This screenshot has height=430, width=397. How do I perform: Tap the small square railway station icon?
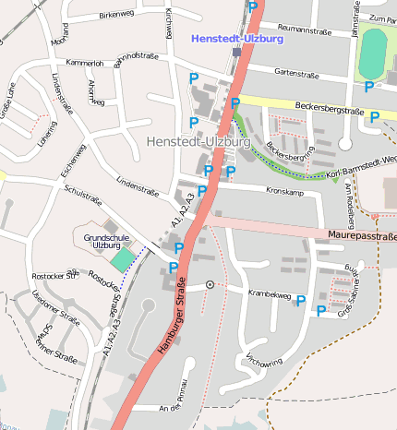tap(236, 53)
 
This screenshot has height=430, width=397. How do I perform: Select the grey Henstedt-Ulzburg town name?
tap(198, 143)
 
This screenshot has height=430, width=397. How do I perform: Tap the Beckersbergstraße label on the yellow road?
tap(328, 112)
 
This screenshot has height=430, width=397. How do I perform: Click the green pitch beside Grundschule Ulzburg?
tap(123, 260)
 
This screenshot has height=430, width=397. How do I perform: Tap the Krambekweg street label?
tap(271, 294)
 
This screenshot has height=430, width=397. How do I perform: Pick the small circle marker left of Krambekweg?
tap(211, 285)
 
